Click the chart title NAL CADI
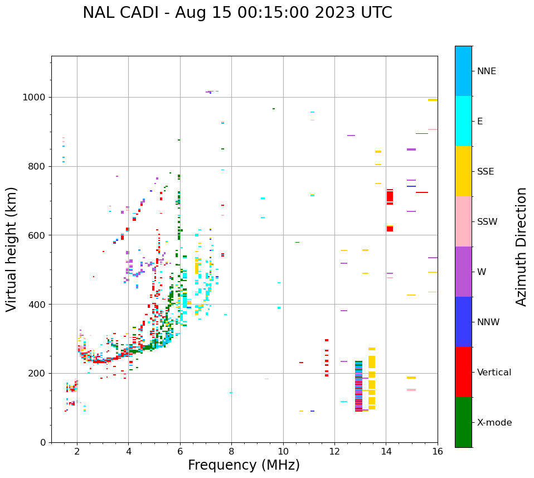[x=237, y=13]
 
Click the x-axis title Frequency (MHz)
[x=244, y=465]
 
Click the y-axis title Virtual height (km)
[x=12, y=249]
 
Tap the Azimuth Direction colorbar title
[x=521, y=247]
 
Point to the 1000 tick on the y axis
[x=37, y=97]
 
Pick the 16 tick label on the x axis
[x=438, y=451]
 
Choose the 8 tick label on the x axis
[x=231, y=451]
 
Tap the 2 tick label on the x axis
[x=77, y=451]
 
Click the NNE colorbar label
[x=486, y=71]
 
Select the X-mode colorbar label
[x=494, y=423]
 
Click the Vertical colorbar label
[x=494, y=373]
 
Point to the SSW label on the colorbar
[x=487, y=222]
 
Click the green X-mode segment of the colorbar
[x=463, y=422]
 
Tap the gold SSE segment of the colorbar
[x=463, y=171]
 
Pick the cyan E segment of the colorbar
[x=463, y=121]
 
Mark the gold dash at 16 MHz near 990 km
[x=433, y=100]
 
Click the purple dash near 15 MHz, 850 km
[x=411, y=149]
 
